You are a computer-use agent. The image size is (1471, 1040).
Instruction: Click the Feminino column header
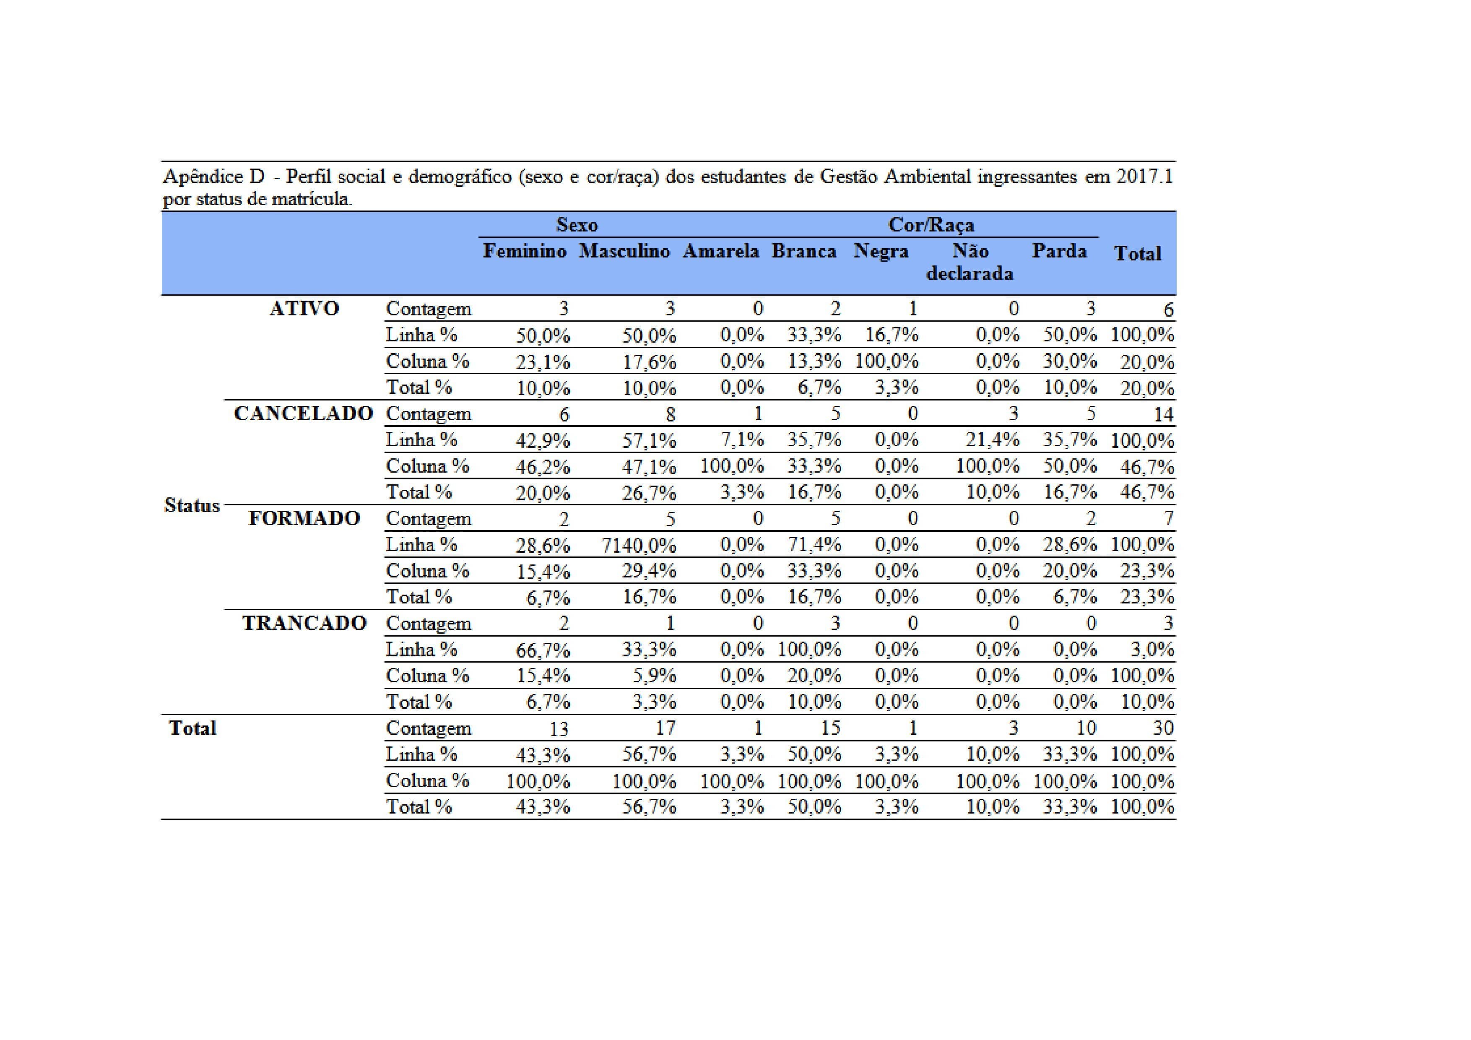point(524,251)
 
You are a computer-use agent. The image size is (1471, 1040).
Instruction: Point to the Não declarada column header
point(969,262)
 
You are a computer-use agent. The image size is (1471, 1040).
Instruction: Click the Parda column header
point(1059,251)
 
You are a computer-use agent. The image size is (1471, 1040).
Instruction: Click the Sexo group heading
point(577,225)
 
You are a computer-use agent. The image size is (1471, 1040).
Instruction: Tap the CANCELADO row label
point(304,414)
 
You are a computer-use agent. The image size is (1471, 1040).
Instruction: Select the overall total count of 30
point(1163,728)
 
